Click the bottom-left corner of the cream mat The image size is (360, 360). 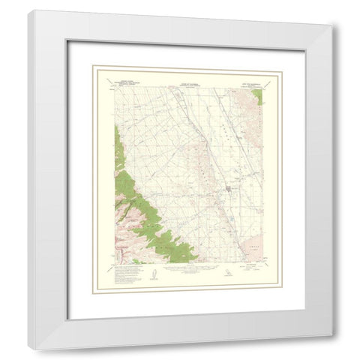tap(91, 299)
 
